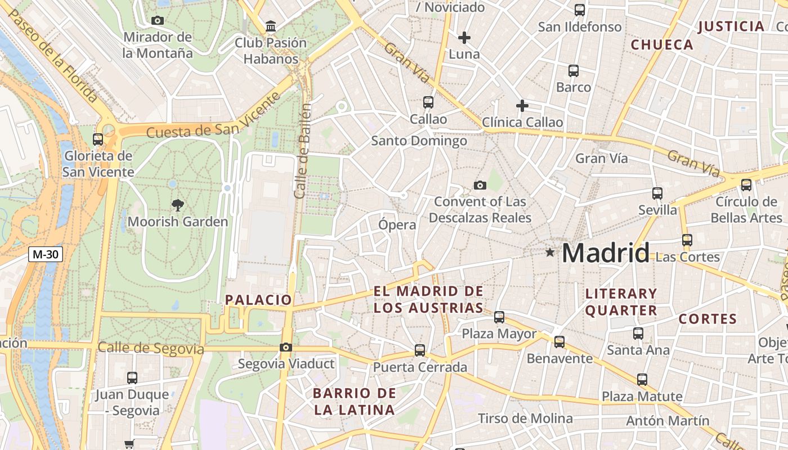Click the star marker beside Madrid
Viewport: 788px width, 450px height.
550,253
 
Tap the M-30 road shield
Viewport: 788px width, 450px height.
45,254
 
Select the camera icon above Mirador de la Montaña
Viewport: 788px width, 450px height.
158,21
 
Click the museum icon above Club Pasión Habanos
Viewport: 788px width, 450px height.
271,26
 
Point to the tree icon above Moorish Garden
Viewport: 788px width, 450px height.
178,205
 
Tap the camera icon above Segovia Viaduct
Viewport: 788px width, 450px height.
286,347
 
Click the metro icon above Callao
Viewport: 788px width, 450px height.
428,102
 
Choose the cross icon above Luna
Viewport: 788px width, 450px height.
464,38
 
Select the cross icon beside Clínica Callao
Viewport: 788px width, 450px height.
522,106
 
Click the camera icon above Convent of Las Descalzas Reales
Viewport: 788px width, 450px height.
480,185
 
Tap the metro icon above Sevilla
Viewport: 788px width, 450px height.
657,193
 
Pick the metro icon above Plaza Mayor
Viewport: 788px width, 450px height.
499,317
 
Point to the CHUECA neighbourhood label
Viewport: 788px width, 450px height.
662,45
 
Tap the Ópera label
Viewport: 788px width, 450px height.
397,225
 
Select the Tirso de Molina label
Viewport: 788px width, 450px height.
525,418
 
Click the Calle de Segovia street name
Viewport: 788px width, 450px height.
151,349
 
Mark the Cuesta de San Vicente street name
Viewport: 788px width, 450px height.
213,116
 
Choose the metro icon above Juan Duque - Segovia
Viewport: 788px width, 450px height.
132,378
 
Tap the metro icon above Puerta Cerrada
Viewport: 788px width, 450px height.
420,350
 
